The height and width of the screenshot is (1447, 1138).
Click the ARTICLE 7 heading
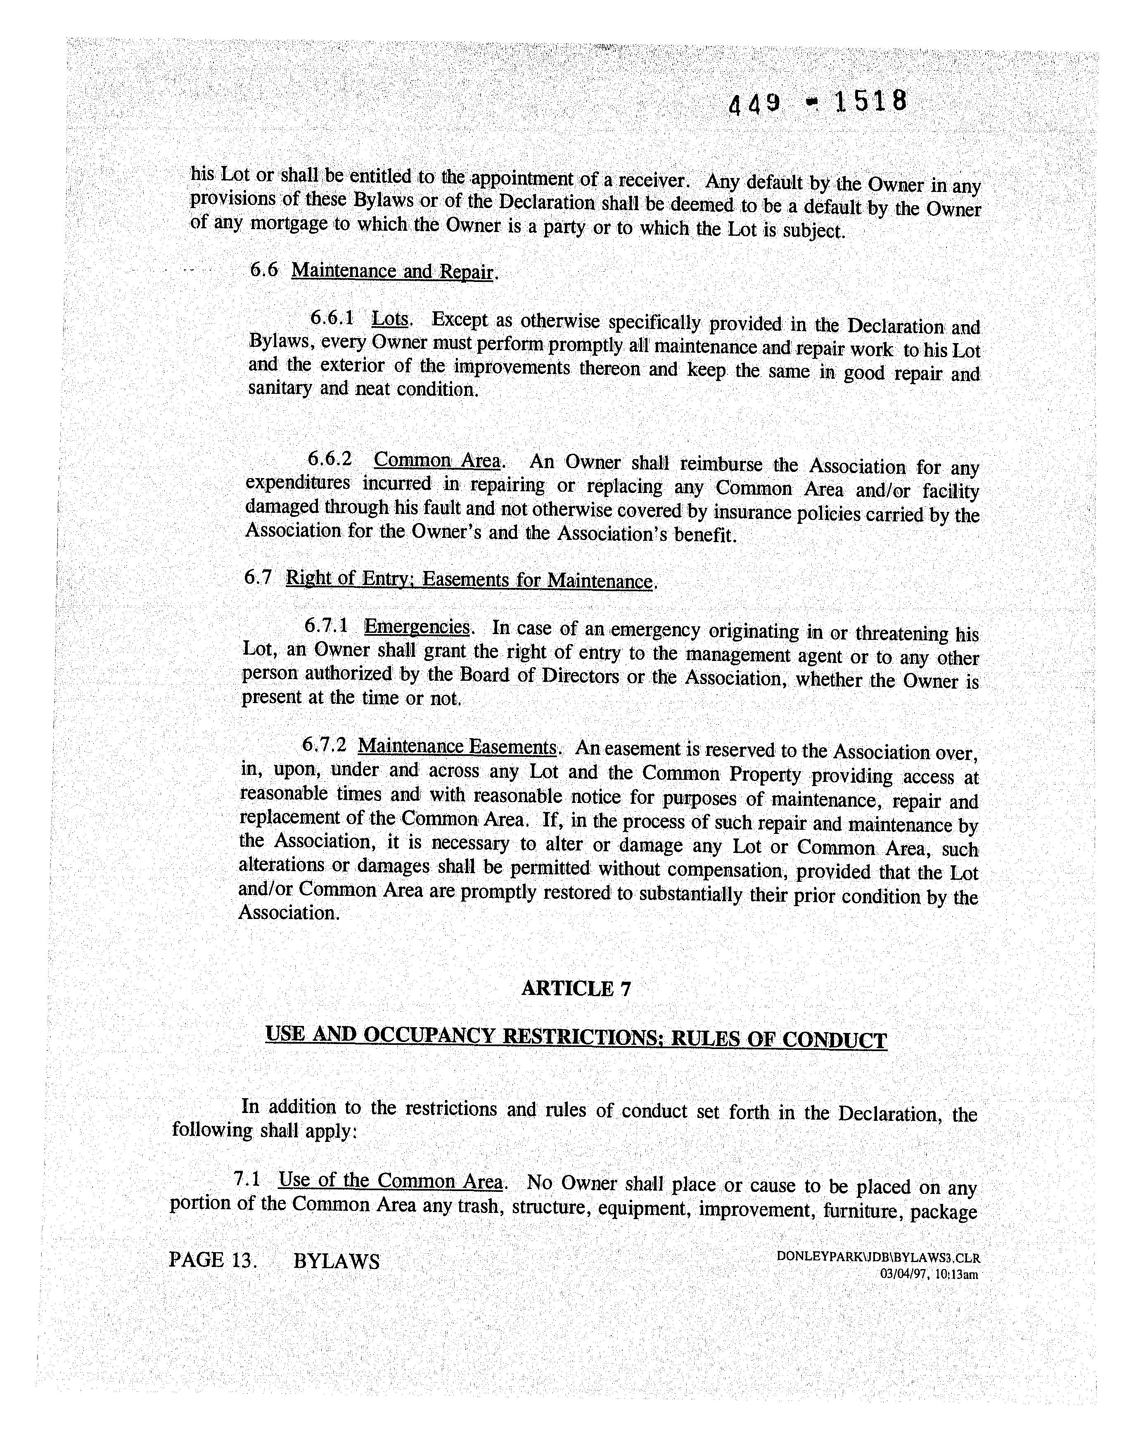576,988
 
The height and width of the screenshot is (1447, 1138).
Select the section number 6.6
264,270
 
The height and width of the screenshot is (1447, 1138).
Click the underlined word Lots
390,318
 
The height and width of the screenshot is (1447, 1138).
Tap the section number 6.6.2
329,459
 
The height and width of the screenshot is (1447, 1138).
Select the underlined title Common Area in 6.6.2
436,460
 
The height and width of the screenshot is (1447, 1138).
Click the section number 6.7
258,577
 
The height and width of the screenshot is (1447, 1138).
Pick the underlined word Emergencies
417,627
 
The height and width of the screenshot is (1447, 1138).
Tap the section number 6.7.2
324,744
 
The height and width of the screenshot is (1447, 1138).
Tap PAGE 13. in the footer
213,1260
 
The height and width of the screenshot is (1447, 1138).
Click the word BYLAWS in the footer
337,1261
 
